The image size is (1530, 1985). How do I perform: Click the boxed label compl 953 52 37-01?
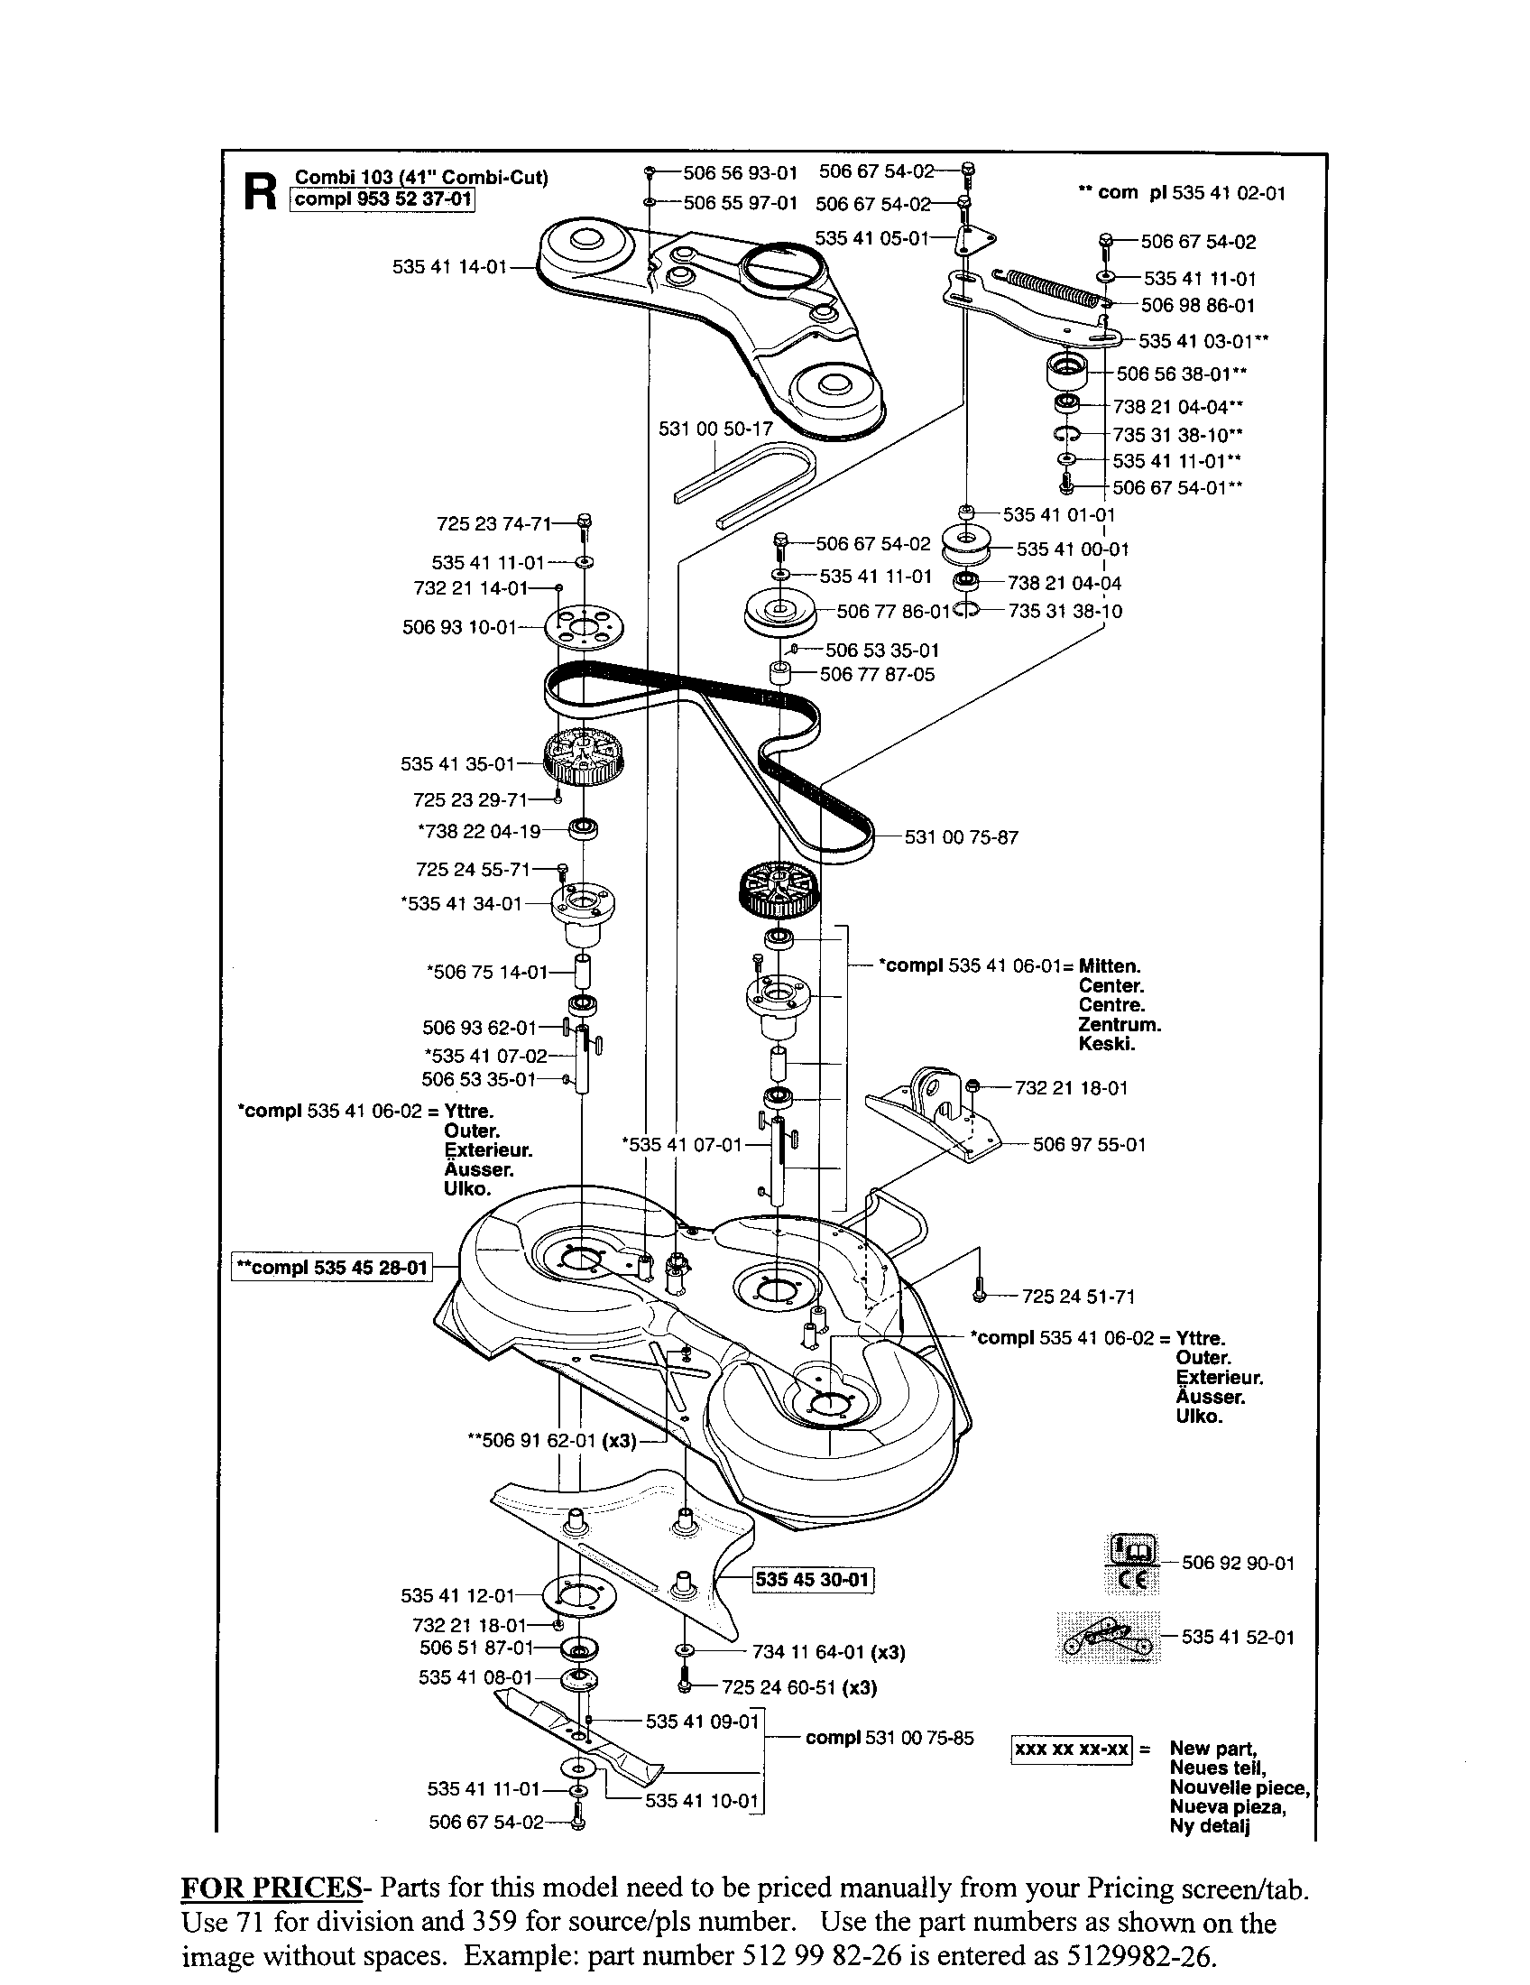pyautogui.click(x=382, y=199)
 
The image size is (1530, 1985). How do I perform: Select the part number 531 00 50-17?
pyautogui.click(x=715, y=427)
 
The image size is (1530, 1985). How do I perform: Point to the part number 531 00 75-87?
pyautogui.click(x=962, y=836)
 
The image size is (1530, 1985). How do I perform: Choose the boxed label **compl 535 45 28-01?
pyautogui.click(x=332, y=1268)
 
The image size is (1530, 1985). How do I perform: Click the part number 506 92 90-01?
pyautogui.click(x=1238, y=1563)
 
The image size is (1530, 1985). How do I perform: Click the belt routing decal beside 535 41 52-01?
pyautogui.click(x=1109, y=1638)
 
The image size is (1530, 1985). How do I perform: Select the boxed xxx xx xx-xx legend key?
pyautogui.click(x=1071, y=1750)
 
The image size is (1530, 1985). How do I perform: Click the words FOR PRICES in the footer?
pyautogui.click(x=272, y=1888)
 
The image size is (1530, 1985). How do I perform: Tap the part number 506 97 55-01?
pyautogui.click(x=1090, y=1144)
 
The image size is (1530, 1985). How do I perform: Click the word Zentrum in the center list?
pyautogui.click(x=1120, y=1024)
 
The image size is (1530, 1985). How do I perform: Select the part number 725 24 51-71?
pyautogui.click(x=1078, y=1297)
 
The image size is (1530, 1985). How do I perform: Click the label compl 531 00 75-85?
pyautogui.click(x=889, y=1738)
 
